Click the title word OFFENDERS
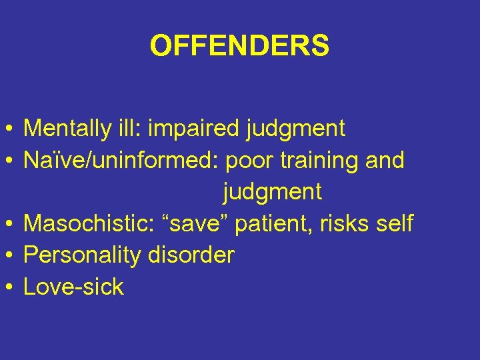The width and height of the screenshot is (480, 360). point(239,46)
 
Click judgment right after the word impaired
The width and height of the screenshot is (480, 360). point(295,129)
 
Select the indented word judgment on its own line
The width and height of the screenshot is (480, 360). point(272,193)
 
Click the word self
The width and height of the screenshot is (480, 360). point(395,223)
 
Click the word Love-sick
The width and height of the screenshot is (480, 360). point(73,287)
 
